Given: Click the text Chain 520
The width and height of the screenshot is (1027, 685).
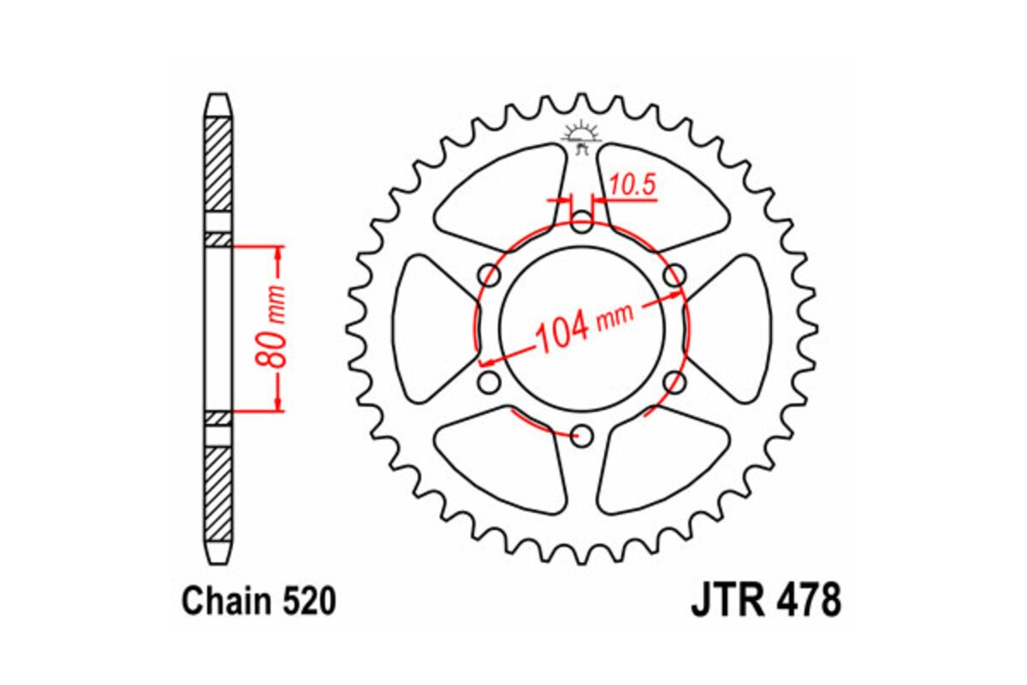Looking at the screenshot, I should pyautogui.click(x=258, y=602).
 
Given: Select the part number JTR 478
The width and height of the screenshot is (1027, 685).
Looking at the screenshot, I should pyautogui.click(x=765, y=602).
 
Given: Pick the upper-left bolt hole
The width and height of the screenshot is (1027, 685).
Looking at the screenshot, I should pyautogui.click(x=490, y=276).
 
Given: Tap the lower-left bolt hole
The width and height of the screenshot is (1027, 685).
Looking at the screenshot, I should pyautogui.click(x=490, y=382).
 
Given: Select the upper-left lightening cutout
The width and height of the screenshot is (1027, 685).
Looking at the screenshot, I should pyautogui.click(x=505, y=197).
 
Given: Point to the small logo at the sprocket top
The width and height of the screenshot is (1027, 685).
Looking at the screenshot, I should pyautogui.click(x=582, y=135).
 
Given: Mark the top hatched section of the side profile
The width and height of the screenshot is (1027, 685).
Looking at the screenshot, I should pyautogui.click(x=218, y=163).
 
